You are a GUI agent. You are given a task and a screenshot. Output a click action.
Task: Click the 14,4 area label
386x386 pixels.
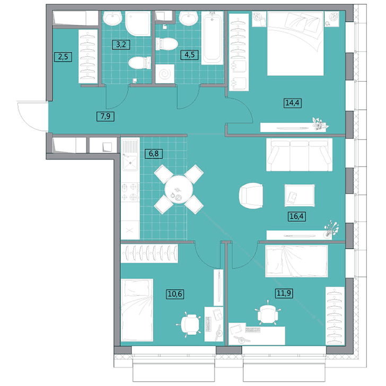293,102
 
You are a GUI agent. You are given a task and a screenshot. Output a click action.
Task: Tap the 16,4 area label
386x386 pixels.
296,216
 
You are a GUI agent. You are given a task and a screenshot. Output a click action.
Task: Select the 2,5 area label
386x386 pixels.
63,57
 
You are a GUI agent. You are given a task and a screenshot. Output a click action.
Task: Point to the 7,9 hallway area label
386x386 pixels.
106,116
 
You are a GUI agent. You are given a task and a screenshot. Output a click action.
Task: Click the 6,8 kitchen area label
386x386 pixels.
154,154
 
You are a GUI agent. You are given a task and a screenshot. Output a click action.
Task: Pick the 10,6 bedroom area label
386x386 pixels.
176,294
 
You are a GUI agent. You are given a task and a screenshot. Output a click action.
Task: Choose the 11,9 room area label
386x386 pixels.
284,293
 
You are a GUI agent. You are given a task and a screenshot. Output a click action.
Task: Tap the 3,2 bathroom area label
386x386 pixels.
121,45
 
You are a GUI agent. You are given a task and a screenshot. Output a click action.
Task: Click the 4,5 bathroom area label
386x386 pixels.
189,55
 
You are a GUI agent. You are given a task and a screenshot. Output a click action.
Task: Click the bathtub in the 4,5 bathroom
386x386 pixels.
212,38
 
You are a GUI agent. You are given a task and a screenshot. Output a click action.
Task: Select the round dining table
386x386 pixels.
179,189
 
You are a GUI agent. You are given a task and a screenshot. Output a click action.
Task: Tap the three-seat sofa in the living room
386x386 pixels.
300,155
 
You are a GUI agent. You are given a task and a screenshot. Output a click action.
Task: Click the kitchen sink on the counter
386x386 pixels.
130,155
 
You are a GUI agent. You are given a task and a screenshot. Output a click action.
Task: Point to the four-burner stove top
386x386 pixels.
130,192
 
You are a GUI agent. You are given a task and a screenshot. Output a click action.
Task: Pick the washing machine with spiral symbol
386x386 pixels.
165,74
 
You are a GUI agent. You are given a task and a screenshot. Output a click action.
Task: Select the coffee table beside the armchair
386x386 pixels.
300,196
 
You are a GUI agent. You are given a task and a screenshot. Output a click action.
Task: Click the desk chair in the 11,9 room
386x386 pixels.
268,312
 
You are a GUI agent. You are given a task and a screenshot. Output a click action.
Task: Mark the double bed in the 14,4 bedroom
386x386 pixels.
295,43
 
